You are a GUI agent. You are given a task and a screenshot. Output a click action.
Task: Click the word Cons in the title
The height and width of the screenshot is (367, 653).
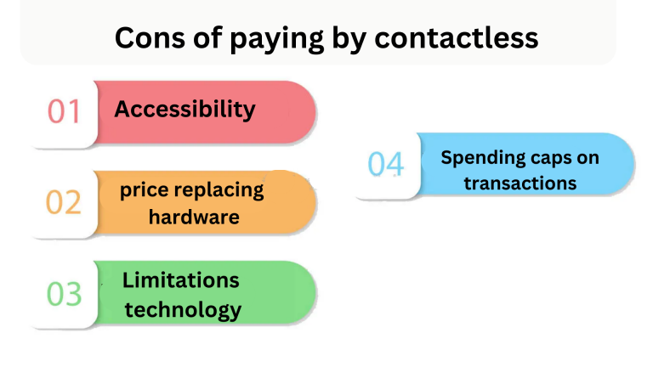(x=150, y=38)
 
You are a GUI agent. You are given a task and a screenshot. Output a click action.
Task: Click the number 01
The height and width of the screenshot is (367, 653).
(x=63, y=111)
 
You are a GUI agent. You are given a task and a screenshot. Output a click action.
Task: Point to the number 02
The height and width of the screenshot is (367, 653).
(x=63, y=202)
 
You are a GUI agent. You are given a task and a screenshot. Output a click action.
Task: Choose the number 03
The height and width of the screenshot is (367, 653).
(x=64, y=294)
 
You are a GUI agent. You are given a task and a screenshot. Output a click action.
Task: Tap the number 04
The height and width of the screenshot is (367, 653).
(x=386, y=164)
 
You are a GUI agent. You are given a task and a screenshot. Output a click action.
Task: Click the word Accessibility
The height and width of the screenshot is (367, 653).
(x=185, y=110)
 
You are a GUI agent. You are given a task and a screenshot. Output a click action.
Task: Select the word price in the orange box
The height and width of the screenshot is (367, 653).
(x=145, y=190)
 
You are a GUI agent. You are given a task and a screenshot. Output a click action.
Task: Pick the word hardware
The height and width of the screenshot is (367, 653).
(x=194, y=217)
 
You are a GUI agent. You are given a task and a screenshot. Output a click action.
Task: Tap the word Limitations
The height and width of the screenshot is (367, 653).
(x=181, y=280)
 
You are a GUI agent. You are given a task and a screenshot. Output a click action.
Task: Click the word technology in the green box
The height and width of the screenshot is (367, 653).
(x=184, y=310)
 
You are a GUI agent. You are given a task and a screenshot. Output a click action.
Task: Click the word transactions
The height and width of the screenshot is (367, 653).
(x=520, y=183)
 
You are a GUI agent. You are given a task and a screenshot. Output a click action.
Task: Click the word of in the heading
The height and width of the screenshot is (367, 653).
(x=207, y=38)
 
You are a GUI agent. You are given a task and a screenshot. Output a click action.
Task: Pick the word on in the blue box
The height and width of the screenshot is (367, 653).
(x=588, y=159)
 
